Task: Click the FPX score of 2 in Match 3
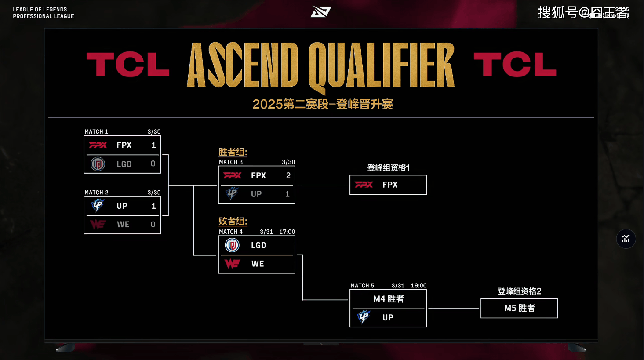point(288,175)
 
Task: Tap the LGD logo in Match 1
point(98,164)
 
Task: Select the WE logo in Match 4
point(232,264)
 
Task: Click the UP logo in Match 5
point(364,317)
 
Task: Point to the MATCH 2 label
point(96,193)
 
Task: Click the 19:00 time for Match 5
point(418,286)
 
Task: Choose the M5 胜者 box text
point(520,308)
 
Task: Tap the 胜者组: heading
point(233,152)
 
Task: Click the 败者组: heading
point(233,221)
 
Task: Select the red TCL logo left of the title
point(127,64)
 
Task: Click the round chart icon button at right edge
point(626,239)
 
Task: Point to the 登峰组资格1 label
point(389,167)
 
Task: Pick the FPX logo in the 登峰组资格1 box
point(364,184)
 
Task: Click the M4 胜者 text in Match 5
point(389,299)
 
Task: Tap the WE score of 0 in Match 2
point(153,224)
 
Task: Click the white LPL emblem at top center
point(321,12)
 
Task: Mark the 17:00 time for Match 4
point(287,232)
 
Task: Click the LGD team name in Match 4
point(258,245)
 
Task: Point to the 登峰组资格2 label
point(520,291)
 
